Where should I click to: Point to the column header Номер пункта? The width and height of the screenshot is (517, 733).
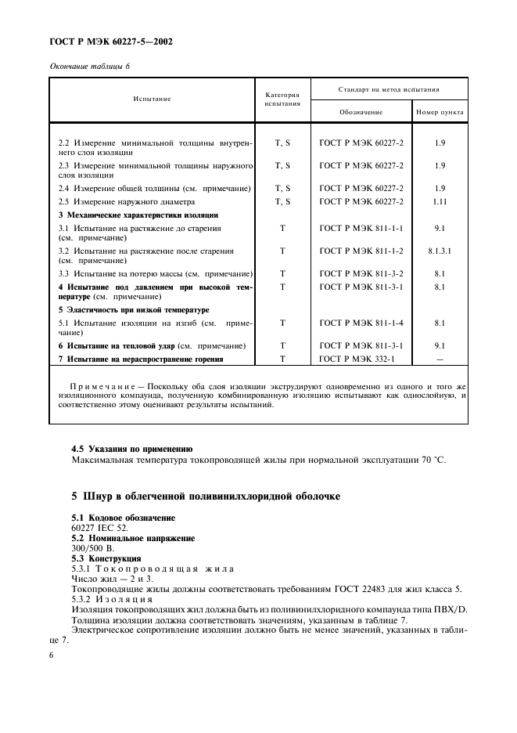(440, 112)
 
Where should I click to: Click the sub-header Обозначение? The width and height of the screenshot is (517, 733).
(361, 112)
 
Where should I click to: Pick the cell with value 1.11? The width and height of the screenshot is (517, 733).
(440, 201)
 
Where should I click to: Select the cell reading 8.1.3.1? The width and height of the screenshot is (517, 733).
(440, 251)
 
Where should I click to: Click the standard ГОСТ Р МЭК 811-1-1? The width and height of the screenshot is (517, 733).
(361, 228)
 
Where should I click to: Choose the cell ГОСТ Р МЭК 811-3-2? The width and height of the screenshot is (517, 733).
(361, 273)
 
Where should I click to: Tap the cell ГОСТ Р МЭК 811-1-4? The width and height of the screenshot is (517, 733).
(361, 322)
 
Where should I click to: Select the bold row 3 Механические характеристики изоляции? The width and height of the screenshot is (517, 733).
(138, 215)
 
